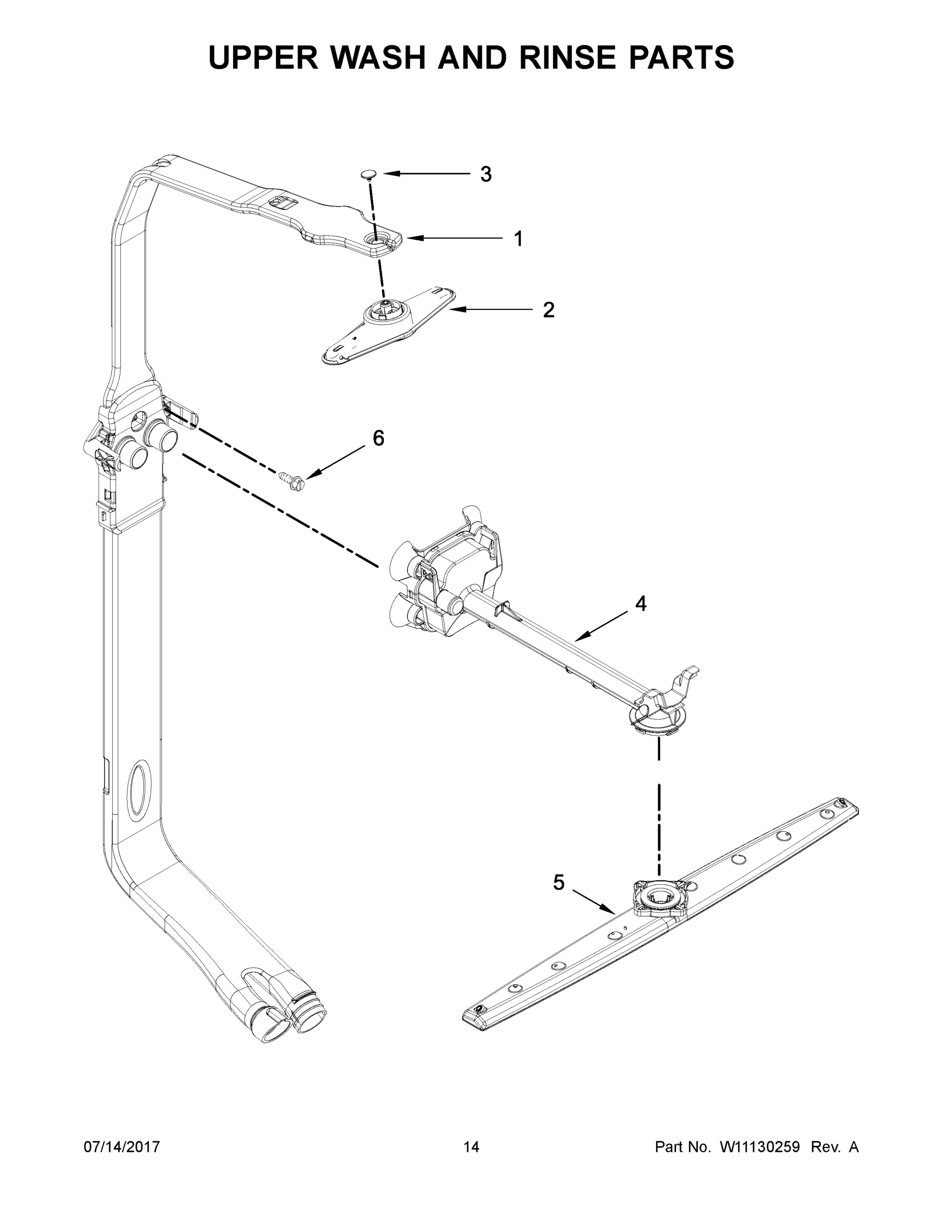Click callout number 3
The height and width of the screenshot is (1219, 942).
click(x=485, y=175)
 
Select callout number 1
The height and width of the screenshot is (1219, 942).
click(x=518, y=239)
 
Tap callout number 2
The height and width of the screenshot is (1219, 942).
click(x=548, y=310)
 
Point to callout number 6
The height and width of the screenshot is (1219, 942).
click(x=378, y=439)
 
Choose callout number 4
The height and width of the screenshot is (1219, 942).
click(x=641, y=603)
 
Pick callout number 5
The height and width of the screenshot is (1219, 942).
click(x=559, y=882)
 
